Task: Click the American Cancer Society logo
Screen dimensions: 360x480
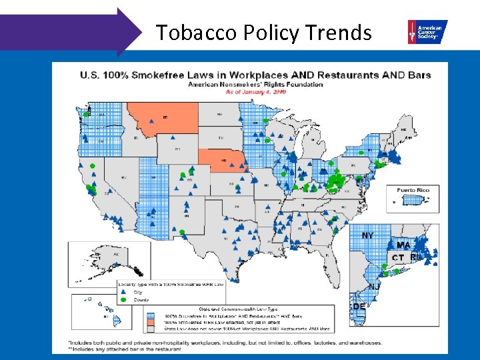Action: point(427,31)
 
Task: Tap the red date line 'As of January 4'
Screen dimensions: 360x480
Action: point(255,93)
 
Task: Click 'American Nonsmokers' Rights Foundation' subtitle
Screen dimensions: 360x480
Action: point(255,85)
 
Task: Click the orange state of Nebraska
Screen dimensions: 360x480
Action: point(223,162)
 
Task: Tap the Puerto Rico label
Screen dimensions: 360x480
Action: point(413,190)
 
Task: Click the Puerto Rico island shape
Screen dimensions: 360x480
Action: point(413,199)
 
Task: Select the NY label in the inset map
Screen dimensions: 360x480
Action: point(367,236)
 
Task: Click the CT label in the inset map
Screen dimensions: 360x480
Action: point(398,257)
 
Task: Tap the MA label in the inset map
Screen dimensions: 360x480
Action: point(403,245)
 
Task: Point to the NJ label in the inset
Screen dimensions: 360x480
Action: point(374,287)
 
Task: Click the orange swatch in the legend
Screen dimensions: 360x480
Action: point(151,321)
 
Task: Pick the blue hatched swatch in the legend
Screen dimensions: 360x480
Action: point(151,315)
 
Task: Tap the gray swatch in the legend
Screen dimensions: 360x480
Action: point(151,328)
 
